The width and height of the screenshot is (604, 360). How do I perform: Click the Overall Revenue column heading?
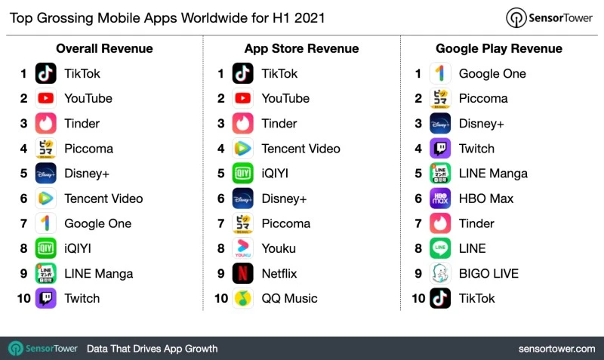(x=104, y=48)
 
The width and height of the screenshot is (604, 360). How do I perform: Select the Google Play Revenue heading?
(x=499, y=48)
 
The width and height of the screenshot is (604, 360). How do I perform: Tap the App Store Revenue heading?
(x=301, y=48)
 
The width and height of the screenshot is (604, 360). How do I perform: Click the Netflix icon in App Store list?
(x=243, y=273)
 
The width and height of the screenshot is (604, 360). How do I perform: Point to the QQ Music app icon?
(x=243, y=298)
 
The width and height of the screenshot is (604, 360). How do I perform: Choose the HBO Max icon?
(x=440, y=198)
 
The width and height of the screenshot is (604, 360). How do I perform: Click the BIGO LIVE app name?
(x=488, y=273)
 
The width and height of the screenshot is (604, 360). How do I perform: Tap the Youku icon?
(x=243, y=248)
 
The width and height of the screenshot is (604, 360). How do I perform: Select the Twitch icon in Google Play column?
(x=440, y=149)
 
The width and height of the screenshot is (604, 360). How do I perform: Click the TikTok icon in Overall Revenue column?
(x=46, y=73)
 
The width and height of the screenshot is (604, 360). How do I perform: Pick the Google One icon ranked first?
(x=440, y=73)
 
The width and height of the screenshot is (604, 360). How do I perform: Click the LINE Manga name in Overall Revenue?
(x=98, y=273)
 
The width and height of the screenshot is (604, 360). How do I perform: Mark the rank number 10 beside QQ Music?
(x=220, y=298)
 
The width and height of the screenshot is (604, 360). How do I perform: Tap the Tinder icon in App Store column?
(x=243, y=123)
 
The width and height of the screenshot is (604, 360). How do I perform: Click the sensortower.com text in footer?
(x=556, y=348)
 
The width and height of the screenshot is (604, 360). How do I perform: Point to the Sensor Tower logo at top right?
(x=549, y=17)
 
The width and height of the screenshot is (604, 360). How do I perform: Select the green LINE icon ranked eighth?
(x=440, y=248)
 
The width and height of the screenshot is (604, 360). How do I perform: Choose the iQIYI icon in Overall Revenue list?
(x=46, y=248)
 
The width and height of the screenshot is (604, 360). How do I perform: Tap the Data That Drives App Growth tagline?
(x=152, y=348)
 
